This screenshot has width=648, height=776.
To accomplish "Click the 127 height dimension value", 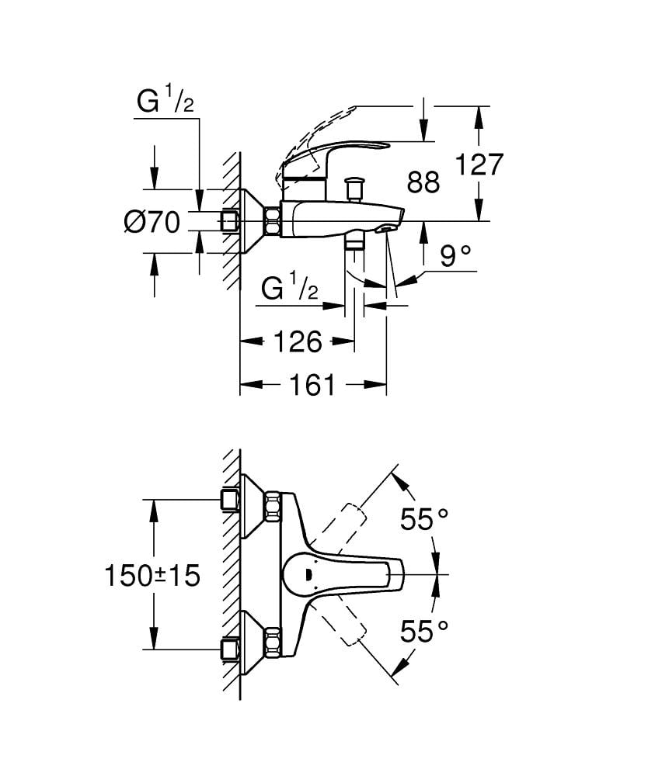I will (479, 165).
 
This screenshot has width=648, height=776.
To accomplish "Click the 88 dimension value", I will (423, 182).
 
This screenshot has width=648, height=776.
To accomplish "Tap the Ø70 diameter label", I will (152, 223).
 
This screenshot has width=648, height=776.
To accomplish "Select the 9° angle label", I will (456, 255).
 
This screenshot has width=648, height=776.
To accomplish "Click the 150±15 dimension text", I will (152, 575).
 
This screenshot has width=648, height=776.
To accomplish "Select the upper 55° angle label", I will (426, 519).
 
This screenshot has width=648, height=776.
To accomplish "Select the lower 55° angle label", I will (426, 631).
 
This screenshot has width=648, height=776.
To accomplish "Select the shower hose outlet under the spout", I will (355, 244).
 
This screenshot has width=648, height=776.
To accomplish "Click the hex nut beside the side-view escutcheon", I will (273, 221).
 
